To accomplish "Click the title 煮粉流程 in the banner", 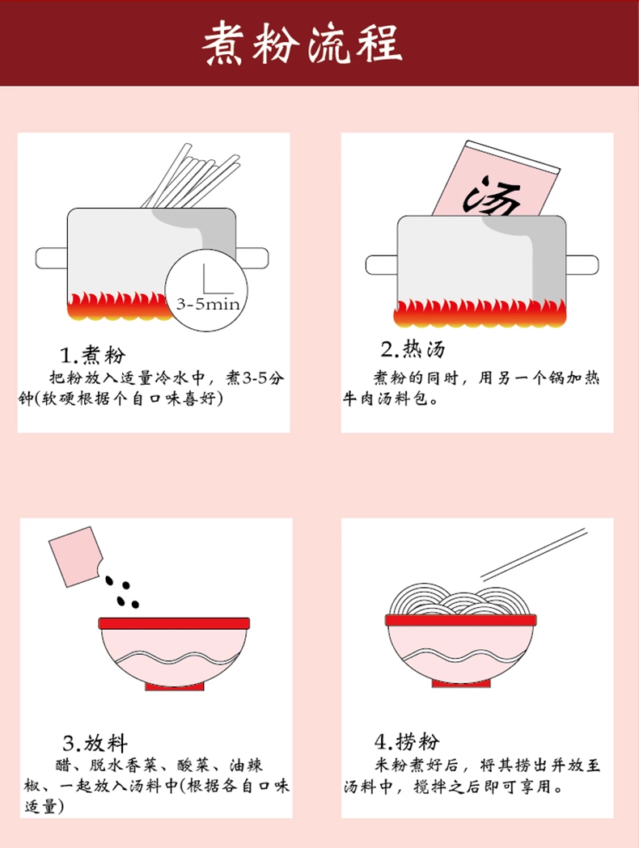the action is [x=303, y=44].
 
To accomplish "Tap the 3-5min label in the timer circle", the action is [x=208, y=304].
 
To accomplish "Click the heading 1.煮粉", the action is [x=92, y=356].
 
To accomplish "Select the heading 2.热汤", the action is [x=413, y=349].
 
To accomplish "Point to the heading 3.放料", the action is [x=95, y=743].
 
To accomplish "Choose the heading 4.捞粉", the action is [x=407, y=741].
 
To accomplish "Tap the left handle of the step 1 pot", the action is [x=52, y=258].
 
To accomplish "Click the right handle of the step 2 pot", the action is [x=582, y=264].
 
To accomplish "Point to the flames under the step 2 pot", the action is [x=480, y=313].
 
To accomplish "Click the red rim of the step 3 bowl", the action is [x=174, y=623].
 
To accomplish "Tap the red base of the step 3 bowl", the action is [x=174, y=686].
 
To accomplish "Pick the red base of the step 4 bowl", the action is [x=461, y=684].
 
